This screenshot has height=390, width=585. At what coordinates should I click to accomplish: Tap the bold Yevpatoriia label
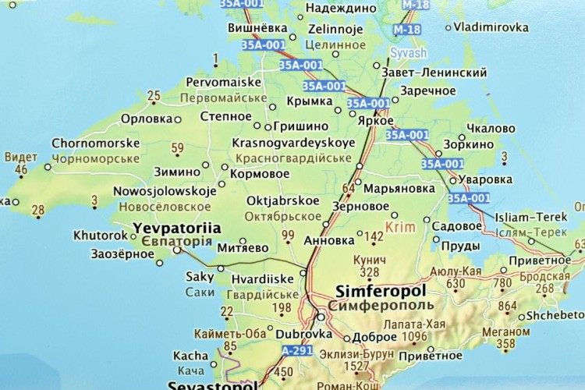[x=177, y=229]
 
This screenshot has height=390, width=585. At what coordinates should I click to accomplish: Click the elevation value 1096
[x=413, y=336]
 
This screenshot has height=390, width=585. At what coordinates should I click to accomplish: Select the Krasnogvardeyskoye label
[x=292, y=144]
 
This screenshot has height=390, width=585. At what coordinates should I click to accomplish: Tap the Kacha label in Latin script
[x=191, y=356]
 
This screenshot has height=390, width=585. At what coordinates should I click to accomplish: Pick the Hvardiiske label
[x=261, y=278]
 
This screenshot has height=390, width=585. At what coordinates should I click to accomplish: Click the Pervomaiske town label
[x=222, y=81]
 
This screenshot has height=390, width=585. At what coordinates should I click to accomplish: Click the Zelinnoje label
[x=335, y=30]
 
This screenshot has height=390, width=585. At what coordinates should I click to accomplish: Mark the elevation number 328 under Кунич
[x=369, y=271]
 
